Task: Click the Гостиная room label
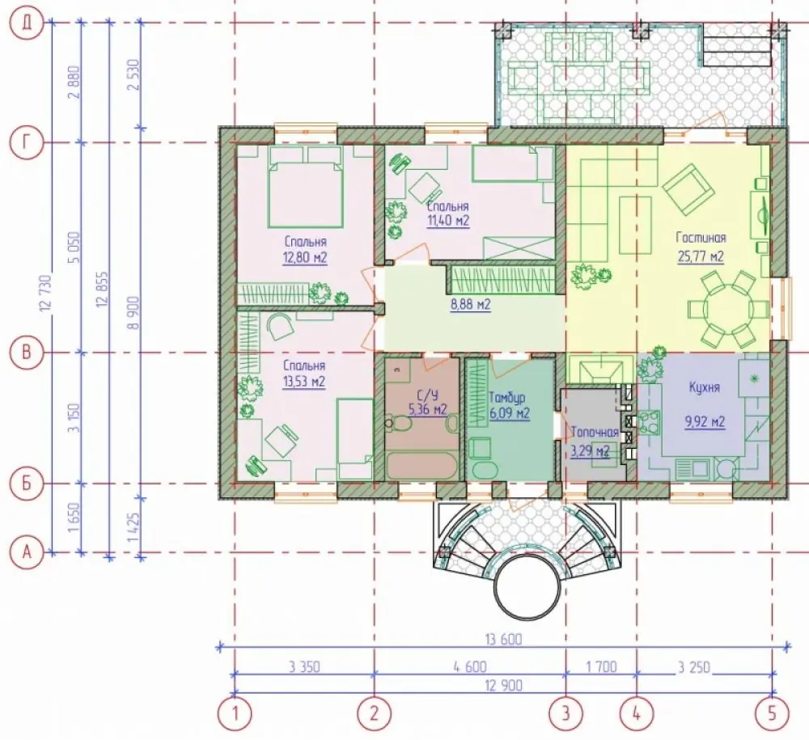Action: click(701, 238)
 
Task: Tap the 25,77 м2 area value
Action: click(701, 256)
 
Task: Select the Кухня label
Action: click(705, 387)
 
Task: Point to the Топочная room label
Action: click(595, 432)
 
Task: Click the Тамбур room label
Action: click(508, 397)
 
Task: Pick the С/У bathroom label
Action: click(427, 395)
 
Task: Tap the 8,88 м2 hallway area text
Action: click(471, 305)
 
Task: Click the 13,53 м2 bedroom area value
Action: click(304, 382)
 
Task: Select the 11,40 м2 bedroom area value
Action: click(448, 222)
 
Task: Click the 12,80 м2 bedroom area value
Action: click(305, 257)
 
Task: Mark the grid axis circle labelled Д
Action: click(27, 23)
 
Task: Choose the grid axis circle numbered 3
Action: click(566, 713)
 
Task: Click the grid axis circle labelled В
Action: click(27, 353)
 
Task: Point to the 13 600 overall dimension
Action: click(503, 640)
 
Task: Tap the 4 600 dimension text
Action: click(470, 666)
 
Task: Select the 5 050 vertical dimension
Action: click(75, 248)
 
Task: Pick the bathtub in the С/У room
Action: click(422, 466)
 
